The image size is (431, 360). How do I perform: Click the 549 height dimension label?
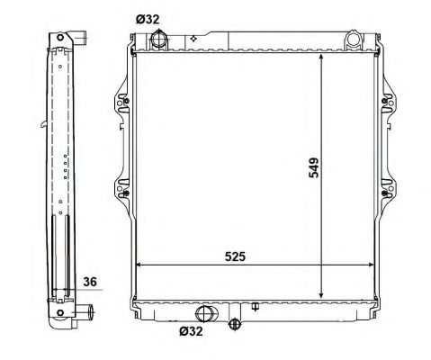click(314, 168)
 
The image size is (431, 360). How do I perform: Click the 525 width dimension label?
click(235, 256)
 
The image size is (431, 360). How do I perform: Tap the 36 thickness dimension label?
click(90, 282)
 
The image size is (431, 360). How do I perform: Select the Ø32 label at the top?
click(148, 20)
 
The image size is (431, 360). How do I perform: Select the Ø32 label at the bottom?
click(191, 331)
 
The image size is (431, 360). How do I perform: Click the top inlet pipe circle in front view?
click(158, 39)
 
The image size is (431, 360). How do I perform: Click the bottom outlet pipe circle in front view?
click(203, 313)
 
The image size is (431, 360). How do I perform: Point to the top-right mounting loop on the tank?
click(354, 40)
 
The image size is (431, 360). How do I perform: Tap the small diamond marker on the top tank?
click(193, 39)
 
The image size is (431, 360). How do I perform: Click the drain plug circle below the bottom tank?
click(234, 324)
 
